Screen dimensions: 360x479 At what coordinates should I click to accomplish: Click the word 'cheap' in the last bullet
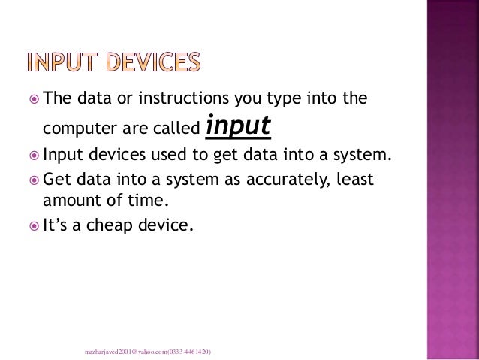click(112, 223)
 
